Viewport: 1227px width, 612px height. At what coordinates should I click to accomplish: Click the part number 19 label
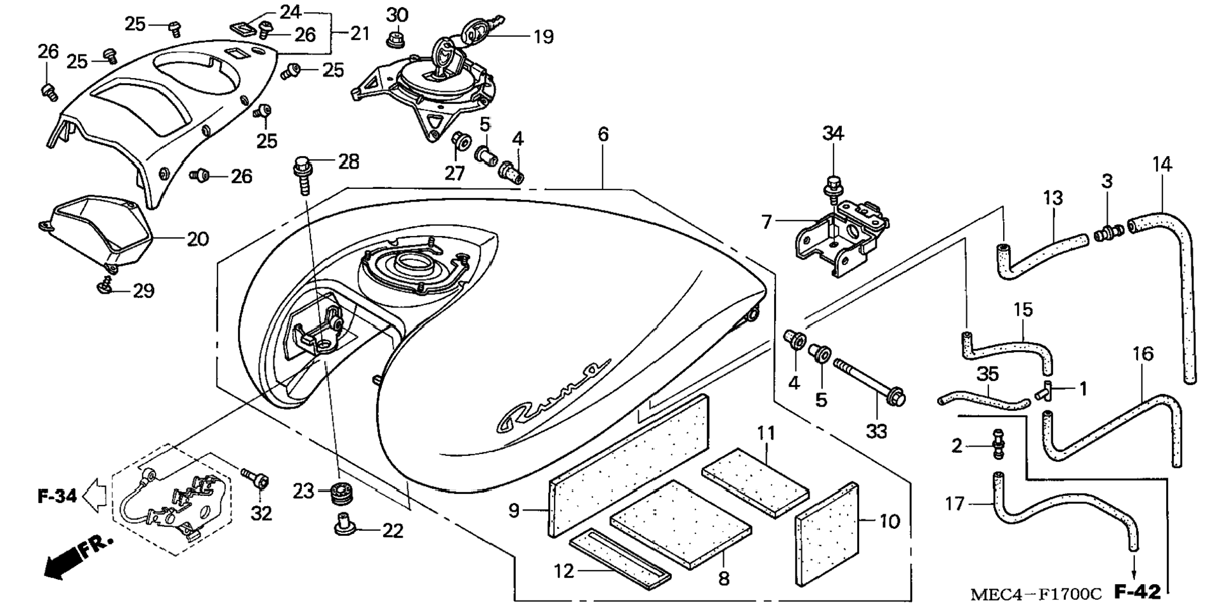(543, 37)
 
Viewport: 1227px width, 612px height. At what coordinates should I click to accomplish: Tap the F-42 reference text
(1138, 592)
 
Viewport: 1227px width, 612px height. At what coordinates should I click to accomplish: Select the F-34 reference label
(57, 496)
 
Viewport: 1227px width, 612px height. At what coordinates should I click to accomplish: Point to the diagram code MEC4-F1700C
(1036, 594)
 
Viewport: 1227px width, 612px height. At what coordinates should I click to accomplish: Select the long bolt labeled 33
(869, 382)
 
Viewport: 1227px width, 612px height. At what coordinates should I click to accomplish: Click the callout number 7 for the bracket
(766, 222)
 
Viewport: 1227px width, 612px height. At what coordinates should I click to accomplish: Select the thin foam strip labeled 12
(620, 556)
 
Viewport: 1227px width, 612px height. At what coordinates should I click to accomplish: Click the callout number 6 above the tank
(603, 134)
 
